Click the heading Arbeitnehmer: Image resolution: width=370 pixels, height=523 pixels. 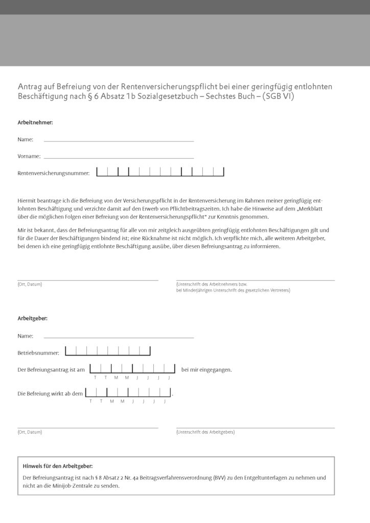35,123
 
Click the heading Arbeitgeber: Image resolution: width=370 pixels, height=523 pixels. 33,318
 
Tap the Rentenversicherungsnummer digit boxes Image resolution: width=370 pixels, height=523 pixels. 160,172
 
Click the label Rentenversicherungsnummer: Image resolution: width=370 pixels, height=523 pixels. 54,173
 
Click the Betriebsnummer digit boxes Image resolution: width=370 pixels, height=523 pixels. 107,351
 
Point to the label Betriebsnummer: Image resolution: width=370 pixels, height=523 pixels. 38,353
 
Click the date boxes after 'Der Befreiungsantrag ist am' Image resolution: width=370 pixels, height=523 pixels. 132,369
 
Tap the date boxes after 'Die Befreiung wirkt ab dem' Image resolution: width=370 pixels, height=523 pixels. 128,393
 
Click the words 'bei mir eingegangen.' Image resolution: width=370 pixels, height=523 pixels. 206,369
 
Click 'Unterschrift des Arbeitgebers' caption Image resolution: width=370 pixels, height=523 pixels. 205,432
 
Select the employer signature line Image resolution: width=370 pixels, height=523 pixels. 256,427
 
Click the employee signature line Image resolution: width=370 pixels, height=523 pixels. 256,279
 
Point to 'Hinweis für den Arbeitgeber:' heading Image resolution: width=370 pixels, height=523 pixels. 58,466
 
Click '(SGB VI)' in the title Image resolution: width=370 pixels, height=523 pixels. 278,97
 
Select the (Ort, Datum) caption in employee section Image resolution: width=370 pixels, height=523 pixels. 30,284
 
